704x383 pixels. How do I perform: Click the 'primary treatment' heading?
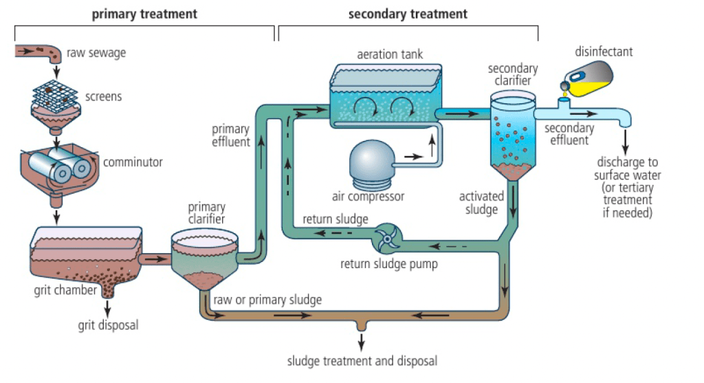pos(144,14)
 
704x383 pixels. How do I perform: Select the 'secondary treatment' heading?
pos(408,14)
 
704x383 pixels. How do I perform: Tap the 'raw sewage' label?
pos(96,52)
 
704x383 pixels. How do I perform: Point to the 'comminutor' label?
pos(133,163)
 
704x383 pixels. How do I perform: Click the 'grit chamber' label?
pos(65,290)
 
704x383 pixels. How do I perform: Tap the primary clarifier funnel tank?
pos(204,261)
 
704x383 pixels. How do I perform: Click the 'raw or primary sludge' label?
pos(267,300)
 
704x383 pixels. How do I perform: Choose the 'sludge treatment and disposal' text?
pos(362,361)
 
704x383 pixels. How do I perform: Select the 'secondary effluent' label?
pos(569,134)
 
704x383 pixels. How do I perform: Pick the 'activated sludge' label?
pos(481,203)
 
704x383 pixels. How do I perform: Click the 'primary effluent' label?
pos(230,135)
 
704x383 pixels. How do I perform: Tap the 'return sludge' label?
pos(335,219)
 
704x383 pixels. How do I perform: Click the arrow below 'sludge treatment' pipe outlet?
pos(362,340)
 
